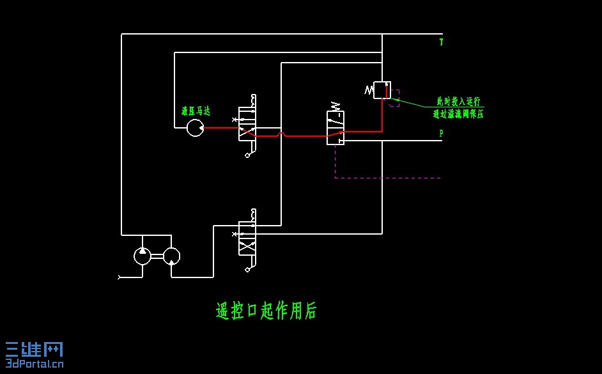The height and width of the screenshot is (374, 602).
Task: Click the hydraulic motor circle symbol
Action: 195,128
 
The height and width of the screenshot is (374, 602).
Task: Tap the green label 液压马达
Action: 196,111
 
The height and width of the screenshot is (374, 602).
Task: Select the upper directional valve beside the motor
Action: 247,124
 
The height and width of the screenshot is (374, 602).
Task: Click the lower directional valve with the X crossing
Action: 247,238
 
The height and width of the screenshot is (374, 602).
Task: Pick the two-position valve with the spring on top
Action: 336,128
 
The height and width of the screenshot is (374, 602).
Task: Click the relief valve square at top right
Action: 382,90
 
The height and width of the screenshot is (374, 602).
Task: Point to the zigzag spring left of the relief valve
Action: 369,90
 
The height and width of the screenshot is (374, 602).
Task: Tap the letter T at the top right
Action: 441,42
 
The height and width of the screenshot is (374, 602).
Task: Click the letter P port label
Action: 441,134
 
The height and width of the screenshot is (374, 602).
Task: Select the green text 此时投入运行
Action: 458,101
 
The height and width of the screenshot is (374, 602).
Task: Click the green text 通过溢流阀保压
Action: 458,114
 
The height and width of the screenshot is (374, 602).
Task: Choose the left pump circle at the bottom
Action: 143,256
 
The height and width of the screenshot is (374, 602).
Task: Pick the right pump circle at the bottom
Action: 171,256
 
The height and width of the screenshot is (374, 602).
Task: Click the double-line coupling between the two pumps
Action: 157,256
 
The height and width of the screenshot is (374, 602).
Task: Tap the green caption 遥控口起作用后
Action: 266,311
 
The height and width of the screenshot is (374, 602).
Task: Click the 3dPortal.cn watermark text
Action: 35,364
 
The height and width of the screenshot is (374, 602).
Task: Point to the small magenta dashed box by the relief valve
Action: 395,98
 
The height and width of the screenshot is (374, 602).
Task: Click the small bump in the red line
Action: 281,134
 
